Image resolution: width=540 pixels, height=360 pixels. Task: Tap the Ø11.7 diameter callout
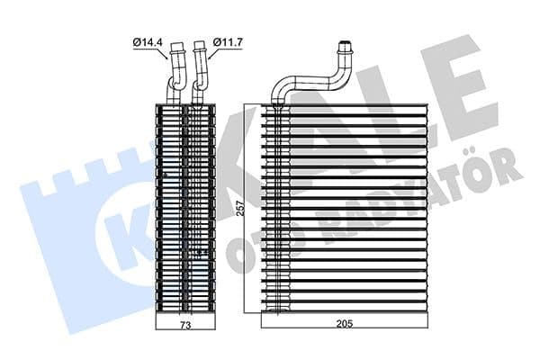pos(229,41)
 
